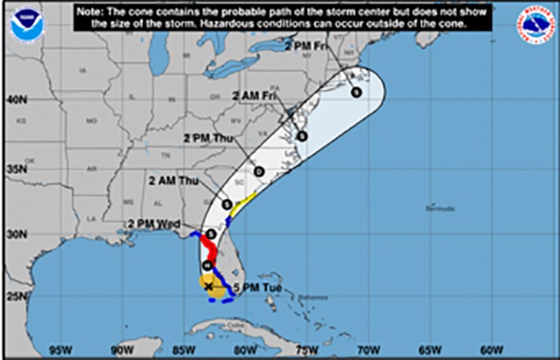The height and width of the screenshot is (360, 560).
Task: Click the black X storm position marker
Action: tap(209, 287)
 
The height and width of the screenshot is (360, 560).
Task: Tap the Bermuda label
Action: tap(440, 208)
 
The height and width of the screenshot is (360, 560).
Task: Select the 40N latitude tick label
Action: tap(16, 99)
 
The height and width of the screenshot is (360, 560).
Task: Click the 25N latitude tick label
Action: tap(16, 297)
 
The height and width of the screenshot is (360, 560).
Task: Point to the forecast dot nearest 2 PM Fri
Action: tap(355, 92)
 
